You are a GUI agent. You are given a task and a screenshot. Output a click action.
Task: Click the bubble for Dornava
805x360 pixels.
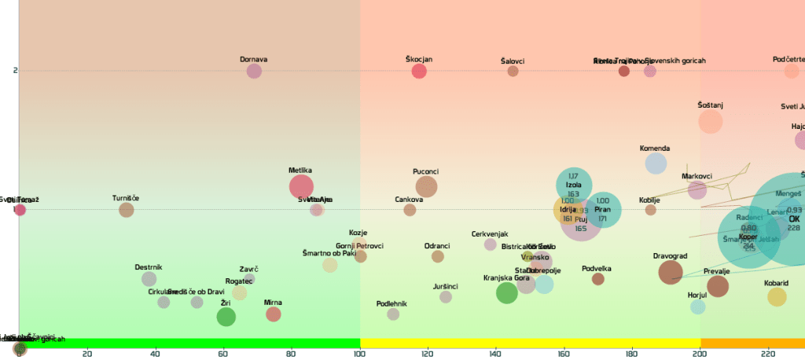[x=254, y=71]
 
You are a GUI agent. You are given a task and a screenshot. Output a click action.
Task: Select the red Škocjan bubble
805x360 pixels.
[x=419, y=71]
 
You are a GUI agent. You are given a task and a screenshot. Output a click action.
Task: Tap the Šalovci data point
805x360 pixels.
[x=513, y=71]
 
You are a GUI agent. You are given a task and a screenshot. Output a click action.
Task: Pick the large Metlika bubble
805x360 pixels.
[x=301, y=186]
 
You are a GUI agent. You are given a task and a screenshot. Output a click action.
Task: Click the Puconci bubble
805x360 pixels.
[x=426, y=186]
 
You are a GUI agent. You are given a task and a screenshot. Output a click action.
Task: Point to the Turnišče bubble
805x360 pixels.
[x=127, y=210]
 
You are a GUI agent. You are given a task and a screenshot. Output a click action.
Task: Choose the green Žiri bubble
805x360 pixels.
[x=226, y=317]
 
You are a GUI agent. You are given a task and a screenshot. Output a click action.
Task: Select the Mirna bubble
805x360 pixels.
[x=273, y=314]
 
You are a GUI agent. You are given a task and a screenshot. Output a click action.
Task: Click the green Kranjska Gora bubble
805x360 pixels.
[x=507, y=293]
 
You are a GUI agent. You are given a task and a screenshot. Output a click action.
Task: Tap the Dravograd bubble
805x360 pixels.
[x=671, y=272]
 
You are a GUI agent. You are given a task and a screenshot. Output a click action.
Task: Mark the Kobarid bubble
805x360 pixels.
[x=777, y=296]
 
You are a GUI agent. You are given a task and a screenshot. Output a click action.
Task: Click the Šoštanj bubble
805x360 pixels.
[x=711, y=122]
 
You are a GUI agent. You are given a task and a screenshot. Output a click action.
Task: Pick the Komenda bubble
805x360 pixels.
[x=656, y=163]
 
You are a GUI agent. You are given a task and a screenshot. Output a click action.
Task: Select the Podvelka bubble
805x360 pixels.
[x=597, y=279]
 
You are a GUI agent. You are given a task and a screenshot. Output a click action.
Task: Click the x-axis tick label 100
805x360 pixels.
[x=360, y=354]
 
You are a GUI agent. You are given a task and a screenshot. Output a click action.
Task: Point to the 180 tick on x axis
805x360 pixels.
[x=632, y=354]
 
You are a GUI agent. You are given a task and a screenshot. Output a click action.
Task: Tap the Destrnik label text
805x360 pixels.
[x=149, y=267]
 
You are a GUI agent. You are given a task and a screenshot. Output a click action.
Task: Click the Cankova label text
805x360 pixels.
[x=410, y=200]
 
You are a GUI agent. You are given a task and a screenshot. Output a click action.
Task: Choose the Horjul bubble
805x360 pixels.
[x=698, y=307]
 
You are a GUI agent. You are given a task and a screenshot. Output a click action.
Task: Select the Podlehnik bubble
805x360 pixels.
[x=393, y=314]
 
